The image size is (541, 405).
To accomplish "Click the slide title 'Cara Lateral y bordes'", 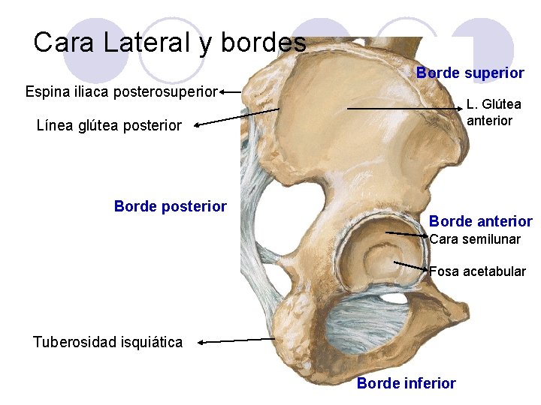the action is click(x=170, y=42).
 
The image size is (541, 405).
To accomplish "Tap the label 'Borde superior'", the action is click(x=470, y=73).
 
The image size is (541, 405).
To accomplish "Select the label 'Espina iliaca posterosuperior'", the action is click(x=121, y=92).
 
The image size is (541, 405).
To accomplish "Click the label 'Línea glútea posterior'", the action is click(x=109, y=125).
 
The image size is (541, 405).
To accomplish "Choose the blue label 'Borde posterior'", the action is click(x=170, y=206).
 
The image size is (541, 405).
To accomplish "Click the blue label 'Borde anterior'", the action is click(x=480, y=221).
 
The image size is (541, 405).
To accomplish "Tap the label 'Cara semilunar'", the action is click(x=474, y=239).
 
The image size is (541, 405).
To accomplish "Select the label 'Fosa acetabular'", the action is click(x=477, y=271).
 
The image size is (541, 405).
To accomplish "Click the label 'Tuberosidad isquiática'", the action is click(x=107, y=342).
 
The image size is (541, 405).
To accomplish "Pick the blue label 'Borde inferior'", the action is click(x=406, y=383).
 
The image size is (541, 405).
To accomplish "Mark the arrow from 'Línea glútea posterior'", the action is click(x=236, y=118).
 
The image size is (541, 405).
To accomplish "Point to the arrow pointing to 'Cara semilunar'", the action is click(x=406, y=235).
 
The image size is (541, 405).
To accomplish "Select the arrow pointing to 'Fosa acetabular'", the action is click(x=411, y=265).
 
